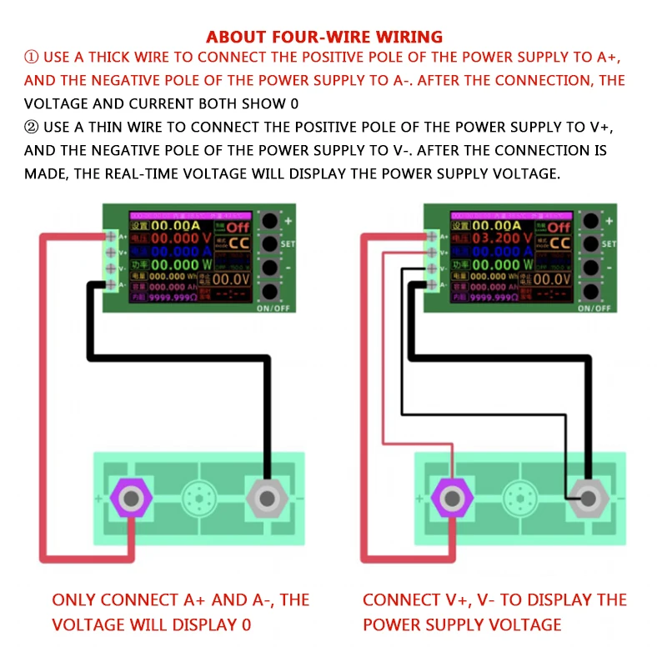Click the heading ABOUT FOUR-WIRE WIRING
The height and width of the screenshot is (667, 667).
[x=324, y=37]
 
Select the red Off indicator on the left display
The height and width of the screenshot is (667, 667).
[x=237, y=226]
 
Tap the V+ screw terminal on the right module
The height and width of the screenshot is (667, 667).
[x=432, y=252]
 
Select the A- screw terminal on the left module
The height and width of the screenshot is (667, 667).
[x=112, y=284]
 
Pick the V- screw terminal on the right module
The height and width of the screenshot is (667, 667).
[x=432, y=268]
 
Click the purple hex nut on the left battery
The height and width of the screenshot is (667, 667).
[x=130, y=499]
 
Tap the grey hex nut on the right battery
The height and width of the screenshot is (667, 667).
[x=589, y=499]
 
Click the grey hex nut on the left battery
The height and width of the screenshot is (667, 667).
[x=267, y=499]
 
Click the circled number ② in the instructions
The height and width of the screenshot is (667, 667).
[x=32, y=128]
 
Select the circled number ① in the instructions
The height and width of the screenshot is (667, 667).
[x=32, y=58]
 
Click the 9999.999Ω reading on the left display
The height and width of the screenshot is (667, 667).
[x=175, y=298]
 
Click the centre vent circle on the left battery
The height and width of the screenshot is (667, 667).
[x=198, y=499]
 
